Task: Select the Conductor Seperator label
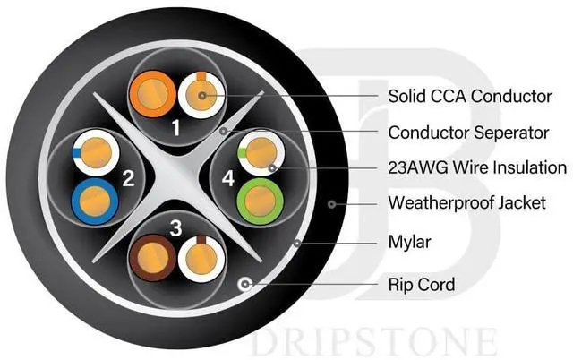468,133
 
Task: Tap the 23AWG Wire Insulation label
477,167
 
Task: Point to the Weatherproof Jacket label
466,203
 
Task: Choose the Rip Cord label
422,285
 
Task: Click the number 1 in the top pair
175,127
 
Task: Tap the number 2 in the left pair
128,177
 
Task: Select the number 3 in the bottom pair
176,229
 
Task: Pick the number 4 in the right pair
228,179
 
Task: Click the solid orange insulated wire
150,93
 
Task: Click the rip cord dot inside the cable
243,285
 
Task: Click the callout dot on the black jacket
331,204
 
